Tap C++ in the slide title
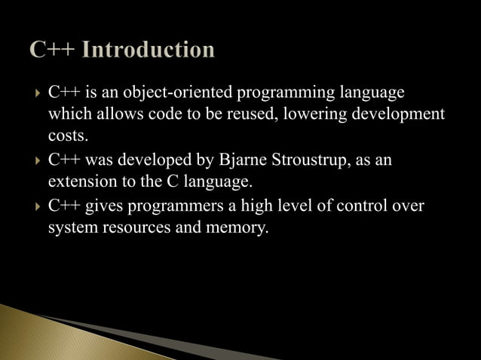click(x=55, y=50)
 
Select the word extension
click(x=80, y=182)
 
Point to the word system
click(x=72, y=227)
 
